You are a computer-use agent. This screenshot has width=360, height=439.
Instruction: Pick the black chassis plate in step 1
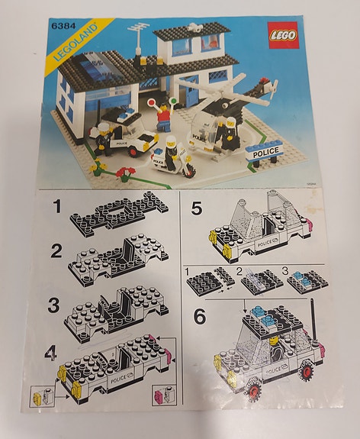[x=122, y=212]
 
